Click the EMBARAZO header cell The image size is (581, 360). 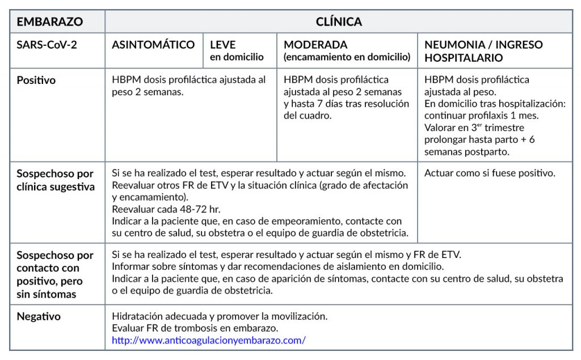click(50, 22)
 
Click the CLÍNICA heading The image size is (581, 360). click(339, 22)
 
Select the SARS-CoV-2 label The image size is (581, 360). click(47, 45)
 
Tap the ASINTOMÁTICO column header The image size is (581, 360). click(153, 45)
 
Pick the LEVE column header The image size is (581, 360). click(223, 45)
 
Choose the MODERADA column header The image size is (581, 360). click(315, 45)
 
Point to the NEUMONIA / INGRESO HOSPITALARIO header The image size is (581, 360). click(483, 51)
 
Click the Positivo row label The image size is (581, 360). click(36, 81)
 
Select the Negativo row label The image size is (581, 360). click(39, 316)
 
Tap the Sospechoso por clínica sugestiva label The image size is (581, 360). click(55, 180)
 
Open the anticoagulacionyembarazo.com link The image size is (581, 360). click(209, 340)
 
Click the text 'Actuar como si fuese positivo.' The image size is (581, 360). click(490, 173)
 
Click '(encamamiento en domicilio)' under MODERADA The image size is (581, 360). click(347, 57)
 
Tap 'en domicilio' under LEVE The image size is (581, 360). click(237, 57)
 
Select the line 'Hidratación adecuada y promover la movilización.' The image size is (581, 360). click(220, 316)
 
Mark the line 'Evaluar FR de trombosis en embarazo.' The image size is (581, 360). click(195, 328)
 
